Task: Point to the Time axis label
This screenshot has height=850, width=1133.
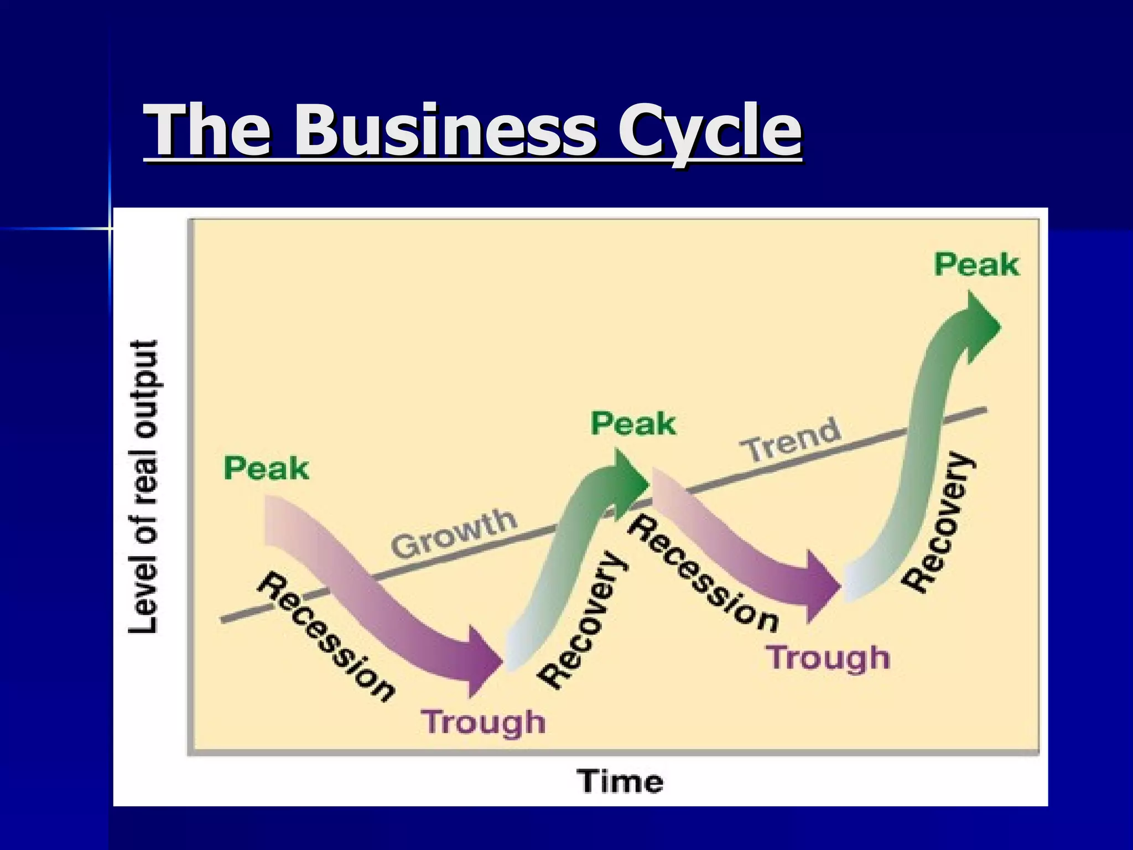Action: [620, 781]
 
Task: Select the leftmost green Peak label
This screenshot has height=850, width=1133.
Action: [266, 468]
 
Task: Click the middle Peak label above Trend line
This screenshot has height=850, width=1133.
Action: [633, 424]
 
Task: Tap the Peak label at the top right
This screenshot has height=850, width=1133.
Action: [976, 265]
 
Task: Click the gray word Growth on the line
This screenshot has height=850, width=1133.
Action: [454, 533]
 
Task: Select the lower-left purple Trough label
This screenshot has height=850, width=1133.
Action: [484, 722]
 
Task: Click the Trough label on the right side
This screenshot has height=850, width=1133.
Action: [828, 657]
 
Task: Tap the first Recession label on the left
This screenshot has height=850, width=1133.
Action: [326, 636]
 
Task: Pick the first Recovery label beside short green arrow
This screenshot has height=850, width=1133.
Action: [584, 620]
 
